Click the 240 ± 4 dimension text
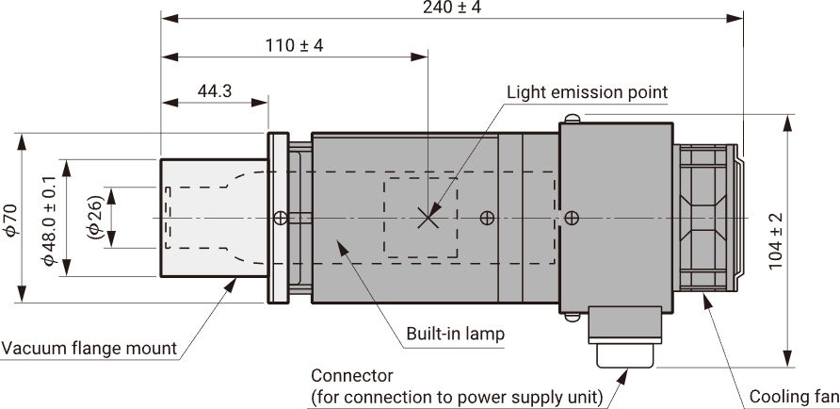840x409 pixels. coord(452,8)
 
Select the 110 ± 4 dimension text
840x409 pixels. coord(294,45)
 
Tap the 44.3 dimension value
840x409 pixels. coord(215,91)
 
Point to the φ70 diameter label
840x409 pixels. coord(11,220)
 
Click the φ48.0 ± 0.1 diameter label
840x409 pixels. coord(49,221)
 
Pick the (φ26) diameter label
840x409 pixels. coord(94,217)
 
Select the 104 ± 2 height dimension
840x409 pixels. coord(776,241)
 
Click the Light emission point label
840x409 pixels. coord(587,92)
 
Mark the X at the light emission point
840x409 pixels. coord(428,219)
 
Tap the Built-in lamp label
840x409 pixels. coord(456,334)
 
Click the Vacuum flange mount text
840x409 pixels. coord(89,349)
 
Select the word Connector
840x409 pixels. coord(352,375)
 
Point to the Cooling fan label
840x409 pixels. coord(794,397)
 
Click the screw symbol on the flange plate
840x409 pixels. coord(281,219)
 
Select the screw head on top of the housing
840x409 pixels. coord(573,118)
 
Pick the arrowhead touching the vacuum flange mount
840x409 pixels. coord(230,285)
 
